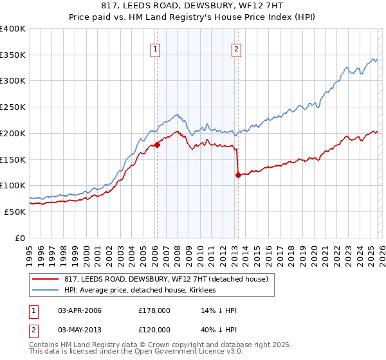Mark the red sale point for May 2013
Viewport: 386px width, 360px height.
tap(237, 175)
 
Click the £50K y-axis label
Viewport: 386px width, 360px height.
tap(14, 212)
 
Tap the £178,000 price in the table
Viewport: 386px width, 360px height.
tap(154, 310)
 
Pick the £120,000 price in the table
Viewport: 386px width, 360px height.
tap(154, 330)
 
